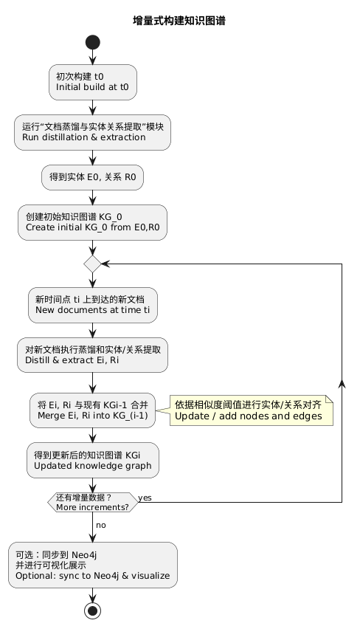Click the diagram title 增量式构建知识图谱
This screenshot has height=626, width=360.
tap(179, 21)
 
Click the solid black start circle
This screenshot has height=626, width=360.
tap(93, 42)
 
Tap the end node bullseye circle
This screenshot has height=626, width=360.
tap(93, 610)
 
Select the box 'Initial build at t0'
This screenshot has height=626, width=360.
tap(93, 81)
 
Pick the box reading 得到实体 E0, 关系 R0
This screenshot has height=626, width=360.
tap(93, 177)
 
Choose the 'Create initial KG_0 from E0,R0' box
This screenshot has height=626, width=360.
tap(93, 222)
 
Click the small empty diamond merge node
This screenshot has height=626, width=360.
tap(93, 264)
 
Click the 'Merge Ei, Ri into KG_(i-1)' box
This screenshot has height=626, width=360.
tap(93, 410)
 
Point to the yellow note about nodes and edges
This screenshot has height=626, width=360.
tap(252, 410)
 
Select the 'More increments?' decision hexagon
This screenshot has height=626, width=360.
tap(93, 503)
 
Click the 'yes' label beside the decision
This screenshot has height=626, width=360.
tap(145, 498)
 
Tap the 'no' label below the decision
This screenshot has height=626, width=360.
tap(100, 525)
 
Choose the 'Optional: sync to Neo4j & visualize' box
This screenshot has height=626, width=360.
tap(93, 565)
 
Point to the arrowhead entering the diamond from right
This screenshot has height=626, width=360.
tap(105, 264)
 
